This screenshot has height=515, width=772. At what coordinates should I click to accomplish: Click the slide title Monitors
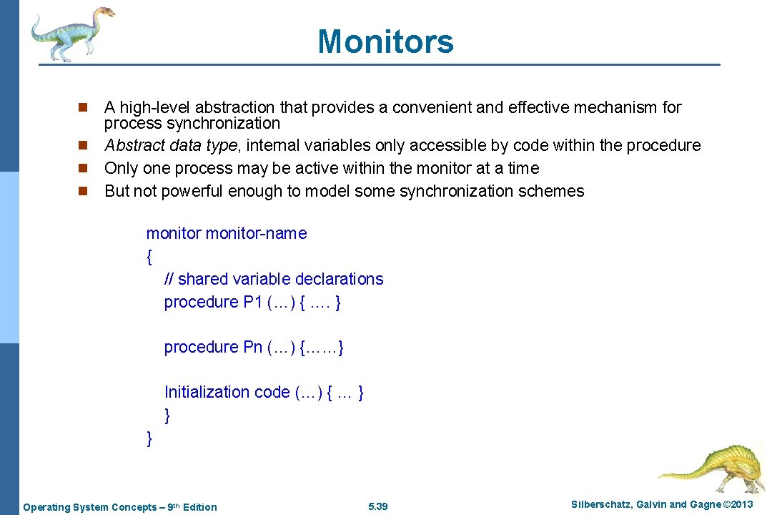pos(385,41)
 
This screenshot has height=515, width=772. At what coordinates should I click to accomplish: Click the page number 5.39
pos(377,507)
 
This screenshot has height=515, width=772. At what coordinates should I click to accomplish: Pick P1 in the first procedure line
pos(253,302)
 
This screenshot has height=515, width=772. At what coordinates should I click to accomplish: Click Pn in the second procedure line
pos(253,348)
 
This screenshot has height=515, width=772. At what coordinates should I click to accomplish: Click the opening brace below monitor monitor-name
pos(149,256)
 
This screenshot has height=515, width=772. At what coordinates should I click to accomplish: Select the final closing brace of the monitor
pos(149,438)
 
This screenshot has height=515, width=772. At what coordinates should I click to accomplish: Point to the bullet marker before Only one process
pos(82,169)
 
